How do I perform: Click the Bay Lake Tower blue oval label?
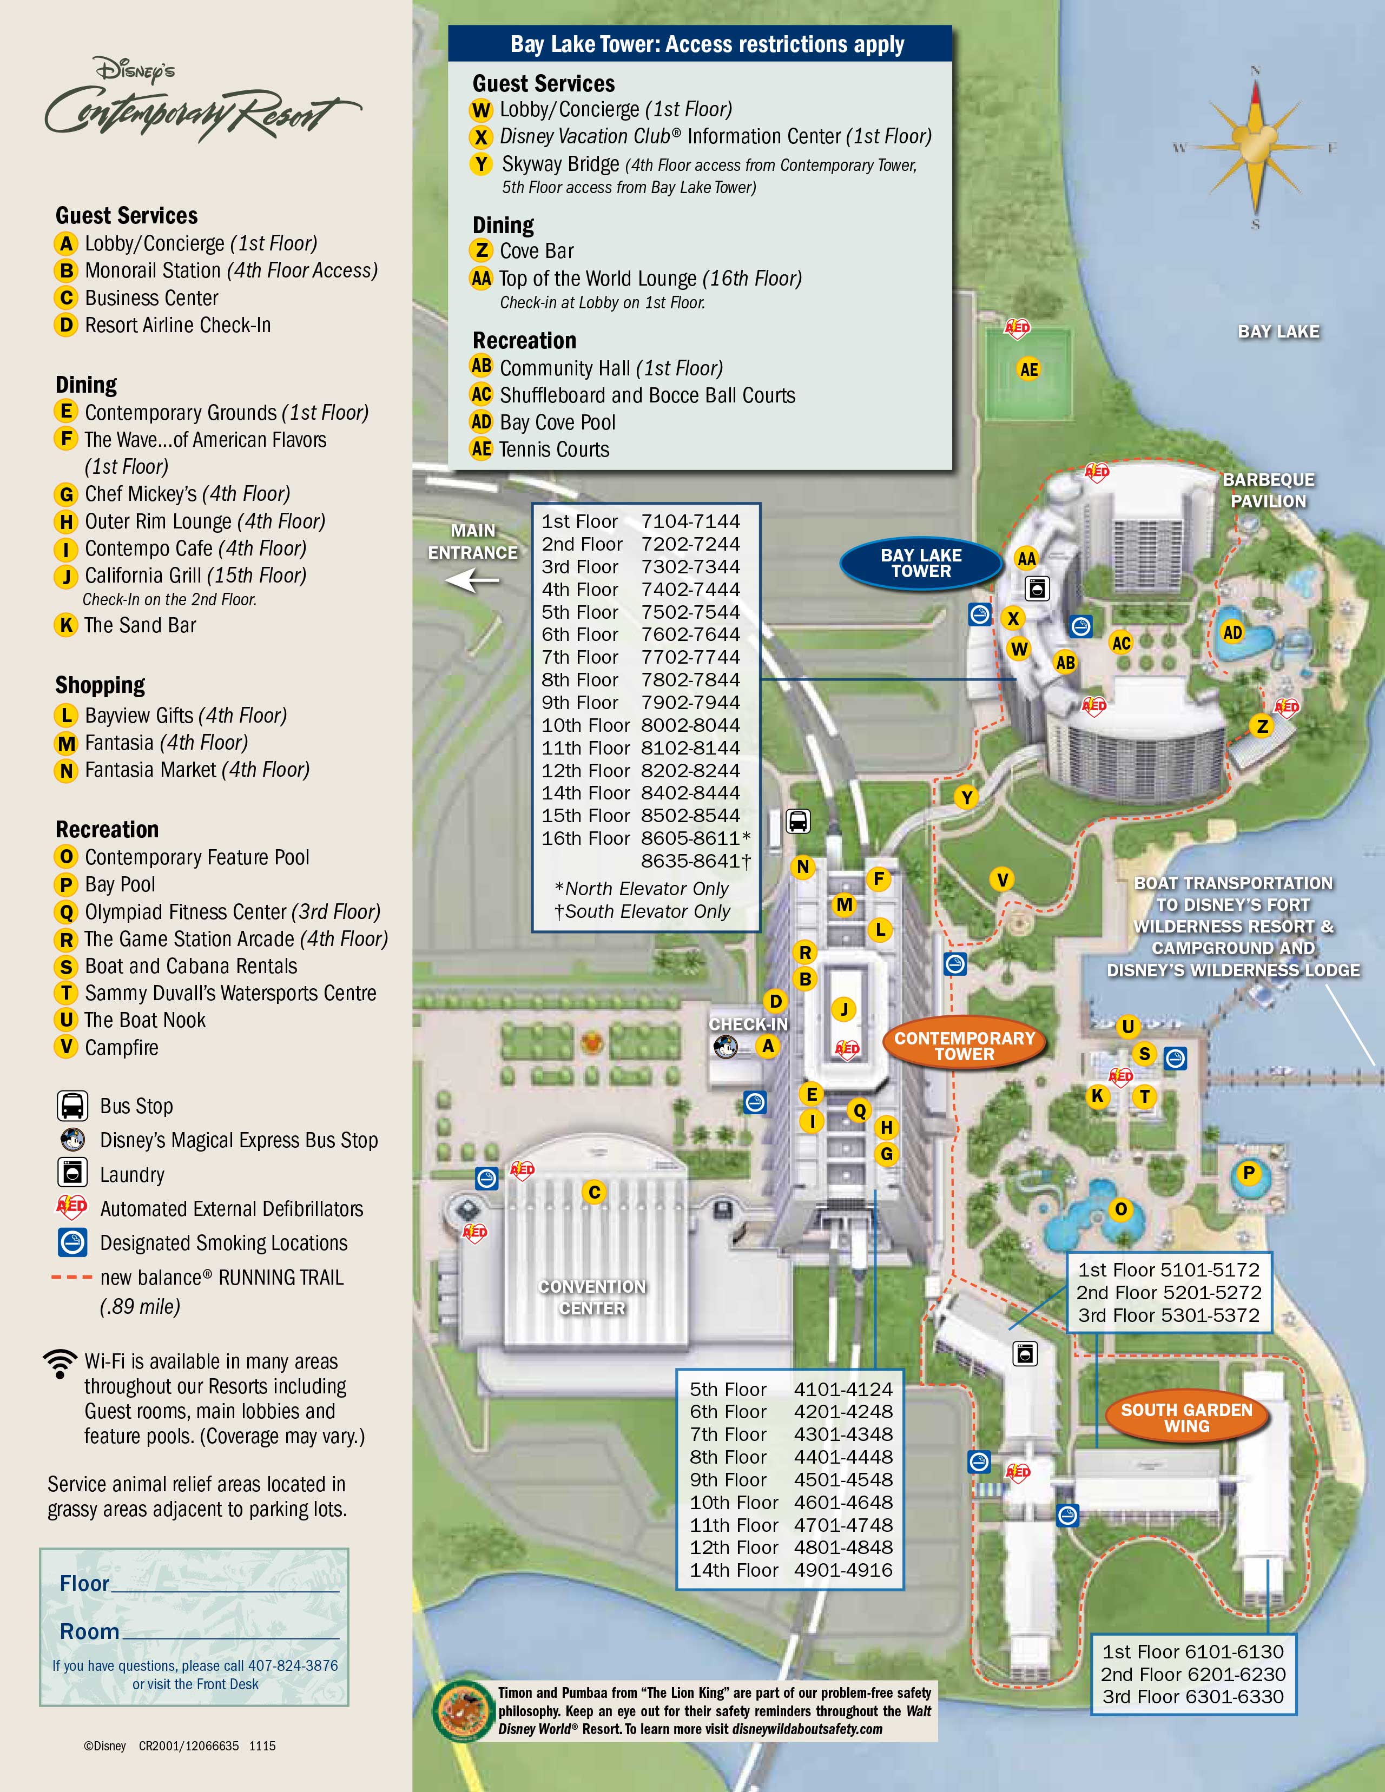point(921,563)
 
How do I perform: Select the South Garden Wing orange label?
point(1186,1418)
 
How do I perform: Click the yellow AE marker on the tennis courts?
point(1028,369)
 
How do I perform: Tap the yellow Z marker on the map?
point(1262,726)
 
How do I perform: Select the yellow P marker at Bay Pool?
point(1248,1173)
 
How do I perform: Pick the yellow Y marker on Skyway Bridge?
point(967,797)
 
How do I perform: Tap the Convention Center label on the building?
point(592,1297)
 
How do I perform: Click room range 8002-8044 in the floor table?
point(690,725)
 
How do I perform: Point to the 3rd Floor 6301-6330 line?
point(1193,1696)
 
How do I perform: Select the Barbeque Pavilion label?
point(1268,490)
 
